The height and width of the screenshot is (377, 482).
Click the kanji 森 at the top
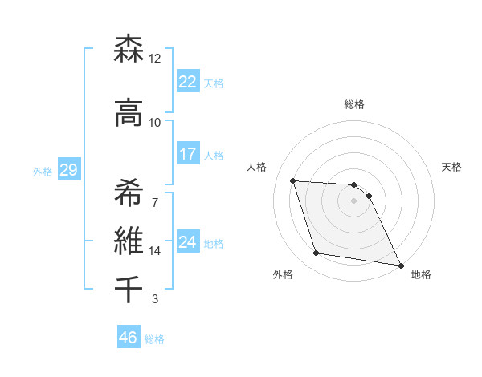(x=129, y=50)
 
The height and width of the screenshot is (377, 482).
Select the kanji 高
(x=129, y=113)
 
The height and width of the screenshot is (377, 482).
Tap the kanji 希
(x=129, y=189)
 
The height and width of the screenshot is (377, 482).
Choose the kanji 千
(x=129, y=288)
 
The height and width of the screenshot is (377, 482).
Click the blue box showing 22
(x=187, y=81)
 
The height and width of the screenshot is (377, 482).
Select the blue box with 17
(x=187, y=154)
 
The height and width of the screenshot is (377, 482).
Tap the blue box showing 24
(x=187, y=242)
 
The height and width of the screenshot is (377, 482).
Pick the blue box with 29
(x=68, y=170)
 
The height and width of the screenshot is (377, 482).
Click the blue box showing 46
(x=129, y=337)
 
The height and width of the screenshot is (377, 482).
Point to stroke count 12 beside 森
(x=155, y=59)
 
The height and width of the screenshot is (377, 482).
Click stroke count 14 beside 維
(x=155, y=251)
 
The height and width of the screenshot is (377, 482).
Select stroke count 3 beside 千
(x=155, y=300)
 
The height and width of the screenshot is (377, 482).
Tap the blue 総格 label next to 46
(x=154, y=339)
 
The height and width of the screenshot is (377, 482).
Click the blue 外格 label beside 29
(x=43, y=172)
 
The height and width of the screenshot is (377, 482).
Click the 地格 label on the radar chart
(x=421, y=274)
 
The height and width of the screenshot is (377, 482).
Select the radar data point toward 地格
(x=400, y=265)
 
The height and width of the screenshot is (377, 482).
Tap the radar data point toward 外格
(x=317, y=253)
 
